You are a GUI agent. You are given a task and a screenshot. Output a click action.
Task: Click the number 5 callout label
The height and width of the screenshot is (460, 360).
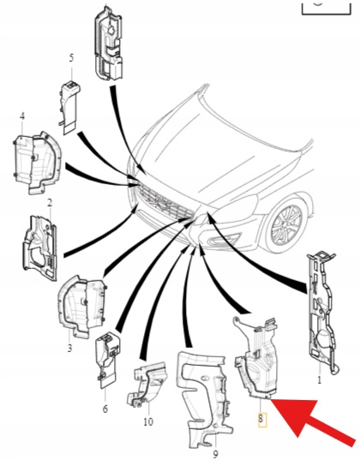click(71, 57)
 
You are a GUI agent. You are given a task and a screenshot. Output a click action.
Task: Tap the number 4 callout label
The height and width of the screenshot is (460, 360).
click(22, 116)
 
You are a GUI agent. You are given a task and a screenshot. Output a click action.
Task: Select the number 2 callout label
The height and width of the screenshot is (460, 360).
click(50, 202)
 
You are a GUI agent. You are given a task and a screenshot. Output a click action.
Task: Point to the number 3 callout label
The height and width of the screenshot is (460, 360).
click(69, 349)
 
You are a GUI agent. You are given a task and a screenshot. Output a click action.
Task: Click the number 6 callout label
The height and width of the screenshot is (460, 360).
click(105, 409)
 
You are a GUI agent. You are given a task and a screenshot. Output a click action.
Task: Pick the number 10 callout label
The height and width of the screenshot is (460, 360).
click(148, 421)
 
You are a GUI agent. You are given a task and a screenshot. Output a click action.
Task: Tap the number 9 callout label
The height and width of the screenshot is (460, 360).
click(215, 454)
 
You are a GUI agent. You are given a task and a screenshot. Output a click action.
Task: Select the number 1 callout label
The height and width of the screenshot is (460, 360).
click(320, 380)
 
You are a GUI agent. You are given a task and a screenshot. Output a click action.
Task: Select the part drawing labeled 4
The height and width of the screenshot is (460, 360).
click(37, 163)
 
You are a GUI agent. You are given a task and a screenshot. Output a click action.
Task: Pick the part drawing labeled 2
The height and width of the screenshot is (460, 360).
click(40, 248)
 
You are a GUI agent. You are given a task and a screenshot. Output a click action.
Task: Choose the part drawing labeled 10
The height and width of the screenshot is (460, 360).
click(147, 385)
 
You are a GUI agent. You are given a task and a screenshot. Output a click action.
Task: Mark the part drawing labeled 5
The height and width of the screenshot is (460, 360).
click(69, 107)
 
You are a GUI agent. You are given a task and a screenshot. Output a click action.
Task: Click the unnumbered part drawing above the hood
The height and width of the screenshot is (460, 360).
click(108, 44)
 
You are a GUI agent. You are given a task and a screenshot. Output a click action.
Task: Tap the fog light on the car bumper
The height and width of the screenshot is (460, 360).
click(223, 240)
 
